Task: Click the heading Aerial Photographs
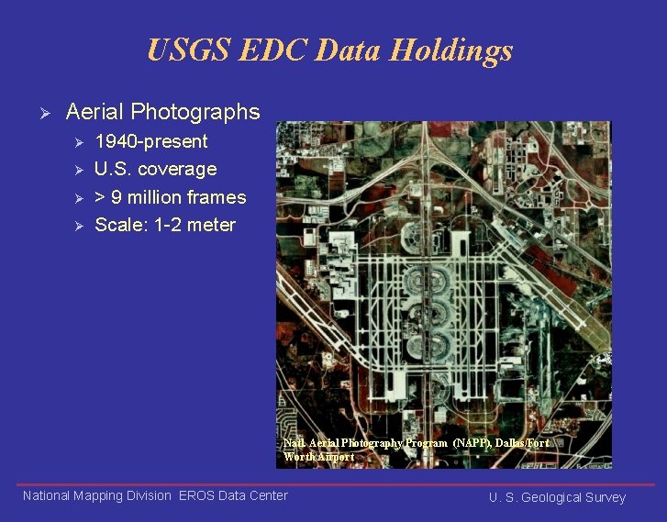tap(162, 112)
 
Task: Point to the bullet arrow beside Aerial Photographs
tap(37, 113)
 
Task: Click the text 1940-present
tap(150, 141)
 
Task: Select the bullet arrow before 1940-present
tap(79, 142)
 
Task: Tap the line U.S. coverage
tap(155, 169)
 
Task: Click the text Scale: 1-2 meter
tap(164, 225)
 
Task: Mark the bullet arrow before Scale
tap(79, 226)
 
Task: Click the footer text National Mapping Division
tap(96, 495)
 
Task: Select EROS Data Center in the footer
tap(233, 495)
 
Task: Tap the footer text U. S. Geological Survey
tap(557, 497)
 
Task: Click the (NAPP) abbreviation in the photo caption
tap(472, 442)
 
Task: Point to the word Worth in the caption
tap(301, 456)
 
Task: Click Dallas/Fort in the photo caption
tap(522, 442)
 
